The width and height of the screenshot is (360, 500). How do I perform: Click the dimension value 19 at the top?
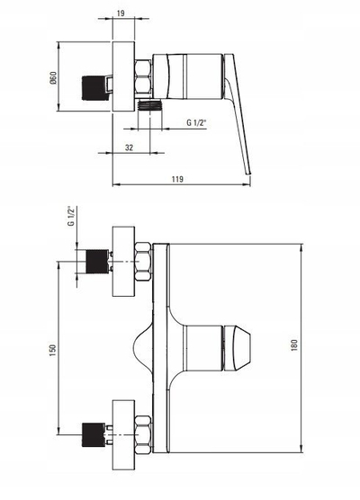point(121,13)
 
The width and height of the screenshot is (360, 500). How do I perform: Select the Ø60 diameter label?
point(53,78)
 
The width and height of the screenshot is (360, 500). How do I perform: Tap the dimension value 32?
point(129,147)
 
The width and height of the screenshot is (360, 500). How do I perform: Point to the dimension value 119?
point(177,179)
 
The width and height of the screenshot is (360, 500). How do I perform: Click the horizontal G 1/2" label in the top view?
point(196,123)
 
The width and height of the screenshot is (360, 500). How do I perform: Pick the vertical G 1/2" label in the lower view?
point(71,216)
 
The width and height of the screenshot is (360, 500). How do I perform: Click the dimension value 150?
point(53,350)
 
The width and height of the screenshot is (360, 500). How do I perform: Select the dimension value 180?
point(294,345)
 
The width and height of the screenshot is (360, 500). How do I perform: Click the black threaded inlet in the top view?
point(94,88)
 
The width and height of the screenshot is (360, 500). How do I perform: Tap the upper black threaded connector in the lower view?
point(96,262)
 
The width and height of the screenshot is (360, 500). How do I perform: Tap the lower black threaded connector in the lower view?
point(94,434)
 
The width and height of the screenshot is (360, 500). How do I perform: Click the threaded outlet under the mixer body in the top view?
point(149,105)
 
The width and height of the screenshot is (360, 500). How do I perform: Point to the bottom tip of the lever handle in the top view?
point(248,174)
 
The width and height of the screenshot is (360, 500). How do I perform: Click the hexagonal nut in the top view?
point(143,76)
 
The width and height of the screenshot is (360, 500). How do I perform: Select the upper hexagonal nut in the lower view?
point(143,262)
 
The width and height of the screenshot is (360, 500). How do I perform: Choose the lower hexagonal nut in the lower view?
point(143,434)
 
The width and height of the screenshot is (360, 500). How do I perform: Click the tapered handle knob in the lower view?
point(238,348)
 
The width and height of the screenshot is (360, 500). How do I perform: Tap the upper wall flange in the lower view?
point(123,262)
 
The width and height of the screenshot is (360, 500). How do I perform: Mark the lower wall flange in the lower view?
point(123,434)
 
